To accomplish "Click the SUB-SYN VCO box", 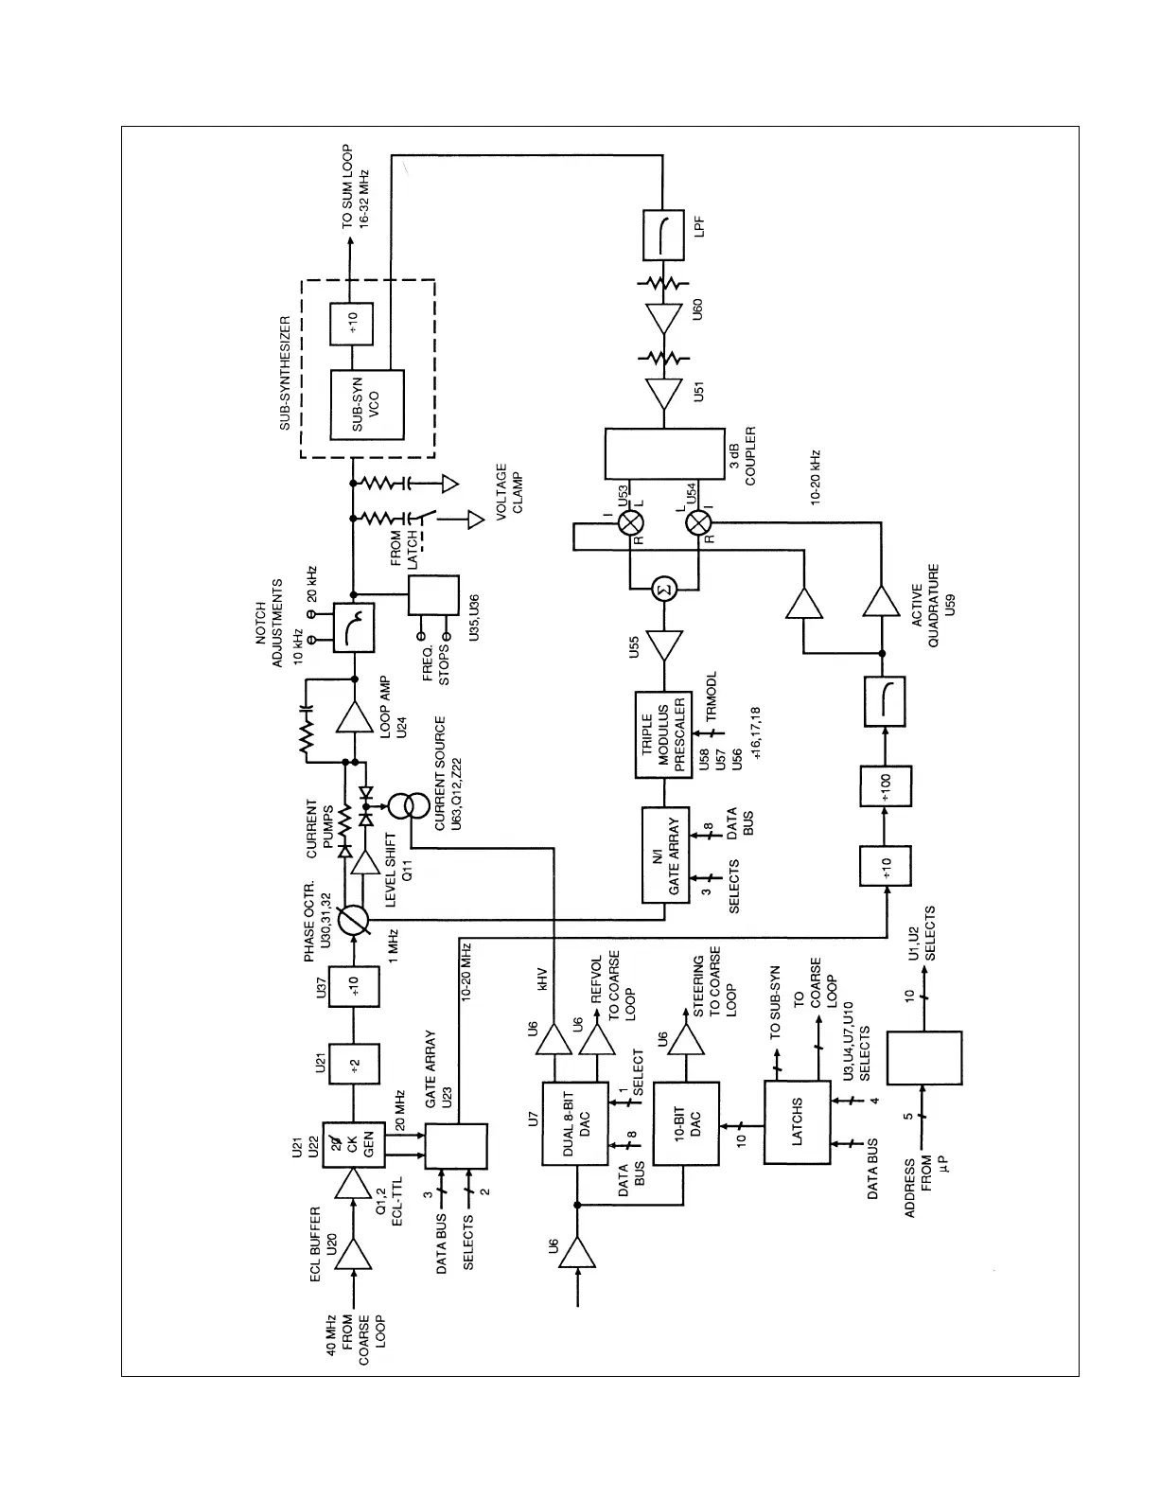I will coord(367,404).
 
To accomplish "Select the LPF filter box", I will coord(663,235).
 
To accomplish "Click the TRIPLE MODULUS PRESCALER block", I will coord(663,734).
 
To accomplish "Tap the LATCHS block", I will coord(797,1123).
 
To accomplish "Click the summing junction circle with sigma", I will coord(664,590).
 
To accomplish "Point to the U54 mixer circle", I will coord(698,522).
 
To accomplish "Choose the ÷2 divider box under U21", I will coord(353,1067).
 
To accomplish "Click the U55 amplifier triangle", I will coord(664,647).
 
